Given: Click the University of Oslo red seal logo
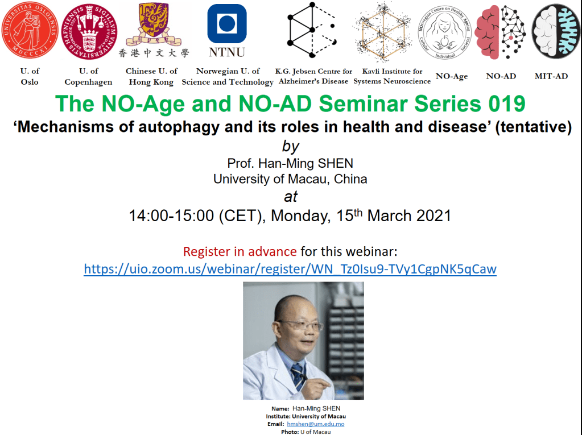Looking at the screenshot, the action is (30, 30).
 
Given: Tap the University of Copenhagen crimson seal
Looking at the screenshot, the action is (89, 31).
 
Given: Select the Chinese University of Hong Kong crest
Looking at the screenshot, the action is (154, 24).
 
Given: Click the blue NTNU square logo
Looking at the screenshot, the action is (227, 24).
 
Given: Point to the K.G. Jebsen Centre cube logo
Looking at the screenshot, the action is (312, 30).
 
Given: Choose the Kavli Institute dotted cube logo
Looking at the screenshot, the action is (383, 31).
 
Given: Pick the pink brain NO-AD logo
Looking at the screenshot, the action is (500, 32).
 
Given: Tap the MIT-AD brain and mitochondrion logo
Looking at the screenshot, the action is (556, 31).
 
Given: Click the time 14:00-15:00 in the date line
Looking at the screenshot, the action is (171, 216).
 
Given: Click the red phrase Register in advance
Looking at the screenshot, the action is (240, 252).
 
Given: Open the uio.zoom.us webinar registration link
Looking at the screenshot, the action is (290, 269).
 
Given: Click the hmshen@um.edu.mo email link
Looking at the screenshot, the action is (316, 424).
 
